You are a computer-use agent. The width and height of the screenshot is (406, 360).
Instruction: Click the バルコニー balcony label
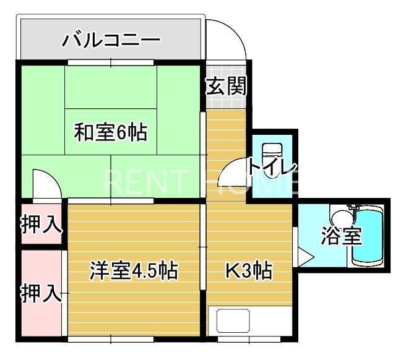coord(111,41)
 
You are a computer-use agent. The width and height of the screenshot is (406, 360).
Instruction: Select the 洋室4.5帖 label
coord(134,270)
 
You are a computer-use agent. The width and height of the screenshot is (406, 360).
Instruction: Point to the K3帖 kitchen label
coord(248,270)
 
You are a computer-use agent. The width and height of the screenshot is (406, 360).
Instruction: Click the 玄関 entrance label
coord(227,86)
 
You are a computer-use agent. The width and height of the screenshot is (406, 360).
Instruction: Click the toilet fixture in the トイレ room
coord(271,155)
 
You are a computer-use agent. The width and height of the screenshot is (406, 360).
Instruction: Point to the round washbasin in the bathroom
coord(340,218)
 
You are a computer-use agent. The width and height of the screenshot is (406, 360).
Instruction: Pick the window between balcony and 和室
coord(111,62)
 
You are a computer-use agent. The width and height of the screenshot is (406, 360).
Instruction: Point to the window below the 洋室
coord(111,339)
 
